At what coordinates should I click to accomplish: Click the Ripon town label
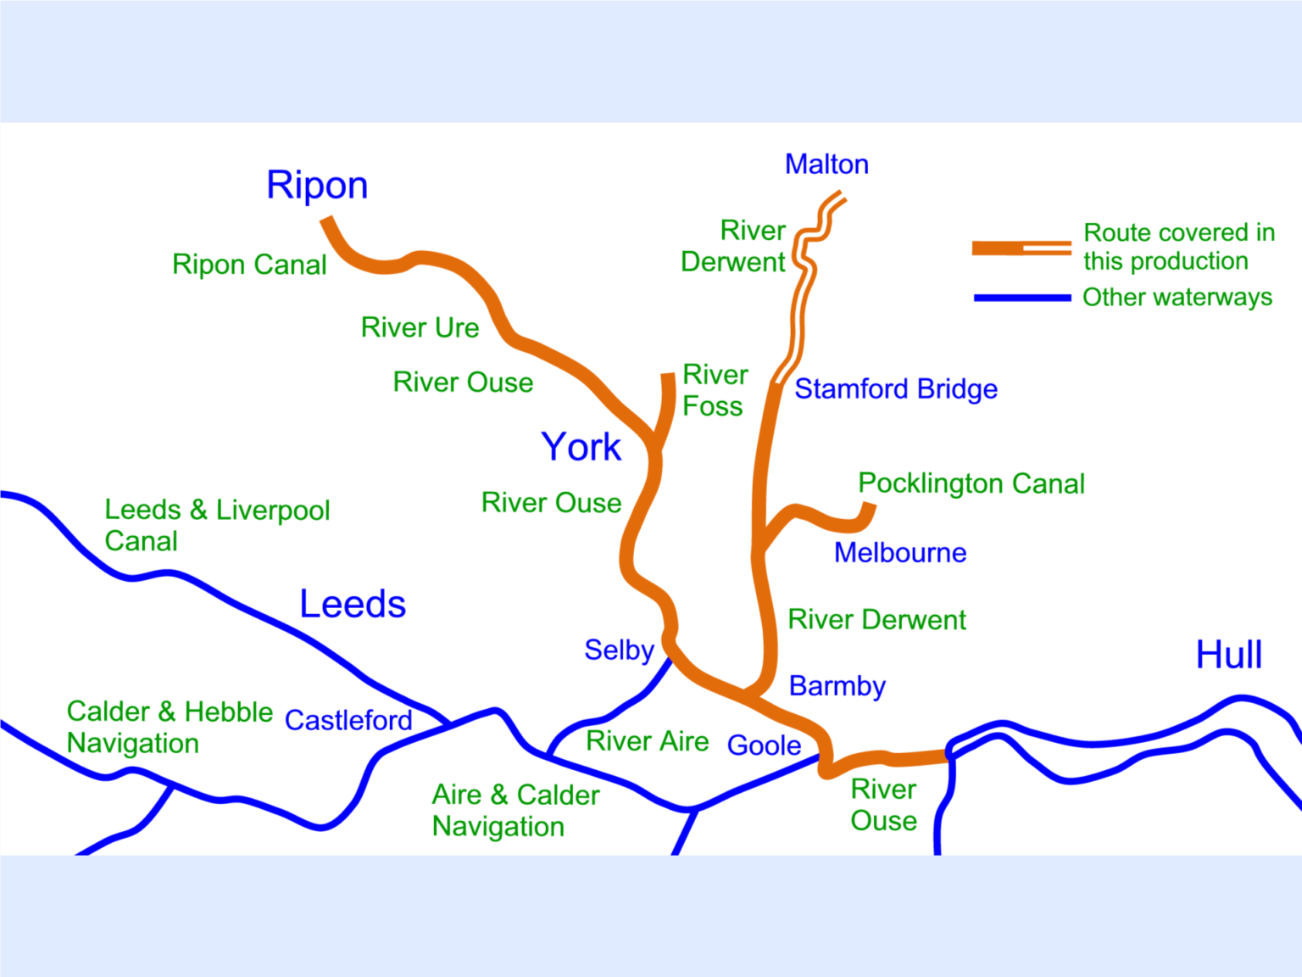coord(317,185)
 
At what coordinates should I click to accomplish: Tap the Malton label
coord(826,164)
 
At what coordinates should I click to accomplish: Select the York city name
coord(581,447)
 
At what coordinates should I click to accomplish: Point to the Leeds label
coord(353,604)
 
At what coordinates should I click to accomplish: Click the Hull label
coord(1228,655)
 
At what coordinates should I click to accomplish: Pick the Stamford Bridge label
coord(895,388)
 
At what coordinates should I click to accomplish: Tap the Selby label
coord(619,650)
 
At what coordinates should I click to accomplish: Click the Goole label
coord(764,745)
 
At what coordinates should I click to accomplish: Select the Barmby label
coord(837,685)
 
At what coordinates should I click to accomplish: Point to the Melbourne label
coord(900,552)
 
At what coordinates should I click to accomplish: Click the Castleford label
coord(348,720)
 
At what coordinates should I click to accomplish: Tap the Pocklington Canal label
coord(971,483)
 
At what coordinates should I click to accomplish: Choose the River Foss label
coord(715,390)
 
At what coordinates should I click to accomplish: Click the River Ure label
coord(420,327)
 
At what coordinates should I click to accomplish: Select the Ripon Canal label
coord(249,265)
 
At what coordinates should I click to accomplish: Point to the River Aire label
coord(647,741)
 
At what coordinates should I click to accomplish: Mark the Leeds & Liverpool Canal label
coord(216,525)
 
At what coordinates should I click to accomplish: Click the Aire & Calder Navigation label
coord(515,810)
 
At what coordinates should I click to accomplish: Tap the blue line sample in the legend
coord(1021,298)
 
